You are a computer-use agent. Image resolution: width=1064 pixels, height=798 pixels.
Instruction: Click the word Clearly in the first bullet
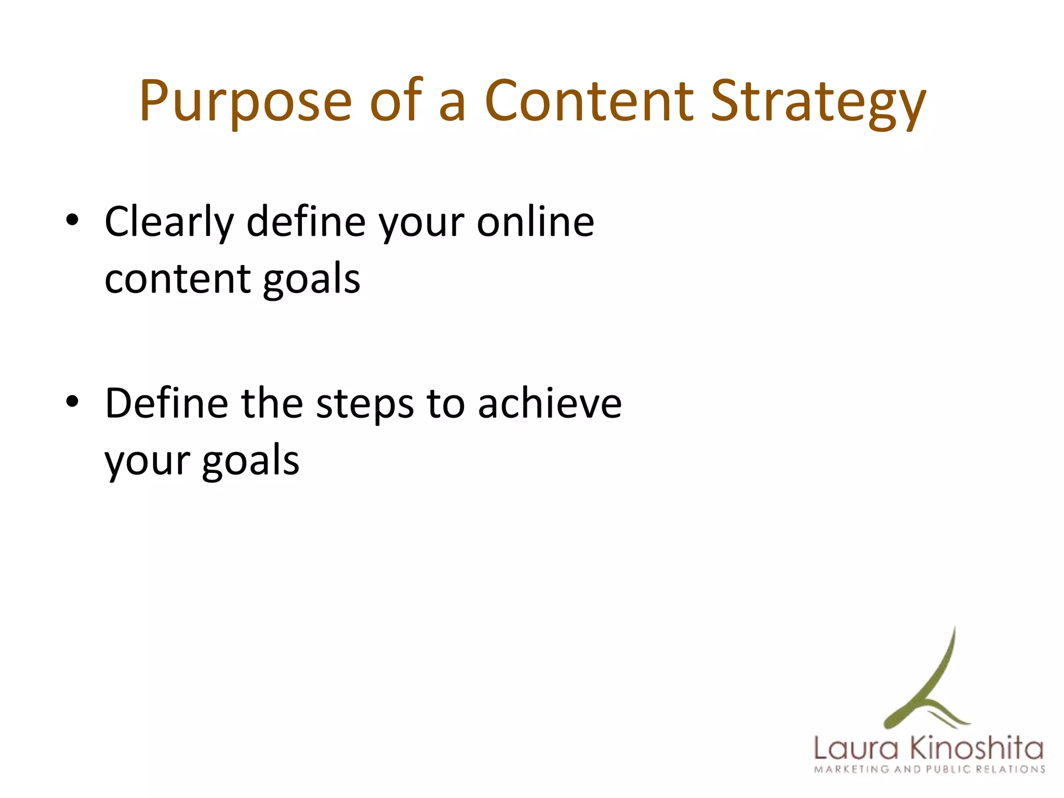169,222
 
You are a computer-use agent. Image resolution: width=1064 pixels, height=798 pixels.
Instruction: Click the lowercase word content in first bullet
177,279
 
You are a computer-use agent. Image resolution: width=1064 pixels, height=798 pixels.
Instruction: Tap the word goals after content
311,281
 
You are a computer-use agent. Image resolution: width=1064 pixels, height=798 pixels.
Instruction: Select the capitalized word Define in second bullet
166,403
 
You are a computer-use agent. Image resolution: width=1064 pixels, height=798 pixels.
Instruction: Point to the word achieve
550,403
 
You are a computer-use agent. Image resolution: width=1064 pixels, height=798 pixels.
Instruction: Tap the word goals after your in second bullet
250,461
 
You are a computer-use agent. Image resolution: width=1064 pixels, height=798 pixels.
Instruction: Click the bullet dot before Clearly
72,221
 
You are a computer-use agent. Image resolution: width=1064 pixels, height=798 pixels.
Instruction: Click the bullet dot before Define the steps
72,402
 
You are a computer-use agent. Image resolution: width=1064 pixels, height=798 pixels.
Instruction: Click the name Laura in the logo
856,749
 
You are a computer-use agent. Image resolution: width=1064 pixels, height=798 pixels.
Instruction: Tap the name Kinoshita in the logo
977,748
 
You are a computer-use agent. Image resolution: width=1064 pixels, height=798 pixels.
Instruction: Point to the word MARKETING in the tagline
852,769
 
